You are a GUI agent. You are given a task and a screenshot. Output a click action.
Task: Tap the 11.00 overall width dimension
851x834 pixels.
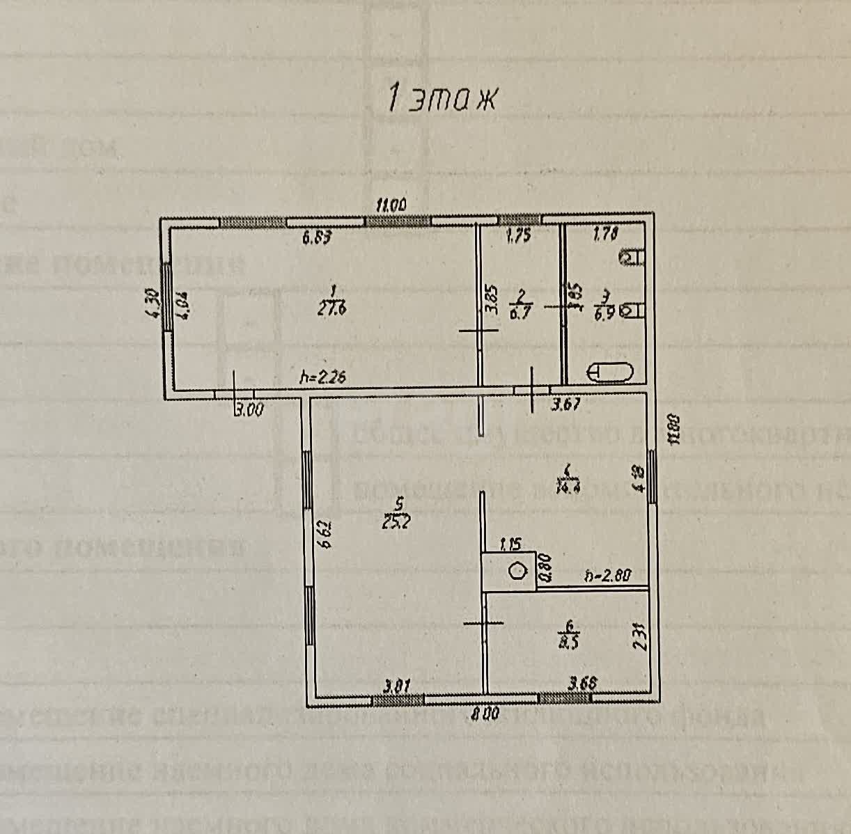[x=391, y=205]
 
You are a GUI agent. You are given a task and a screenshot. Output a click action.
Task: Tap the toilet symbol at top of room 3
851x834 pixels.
[x=632, y=258]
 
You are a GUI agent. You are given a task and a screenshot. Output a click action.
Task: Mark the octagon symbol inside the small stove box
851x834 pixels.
[x=517, y=571]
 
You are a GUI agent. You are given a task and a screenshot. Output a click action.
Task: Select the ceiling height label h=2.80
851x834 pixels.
[x=607, y=576]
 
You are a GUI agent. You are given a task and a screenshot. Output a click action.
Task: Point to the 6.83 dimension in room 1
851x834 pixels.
[x=315, y=237]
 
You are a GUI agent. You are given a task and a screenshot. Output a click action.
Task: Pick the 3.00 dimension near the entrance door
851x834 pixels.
[x=249, y=410]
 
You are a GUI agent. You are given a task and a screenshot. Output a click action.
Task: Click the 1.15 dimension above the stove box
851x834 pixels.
[x=510, y=542]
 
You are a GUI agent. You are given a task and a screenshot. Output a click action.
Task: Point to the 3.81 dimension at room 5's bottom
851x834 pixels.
[x=396, y=686]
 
